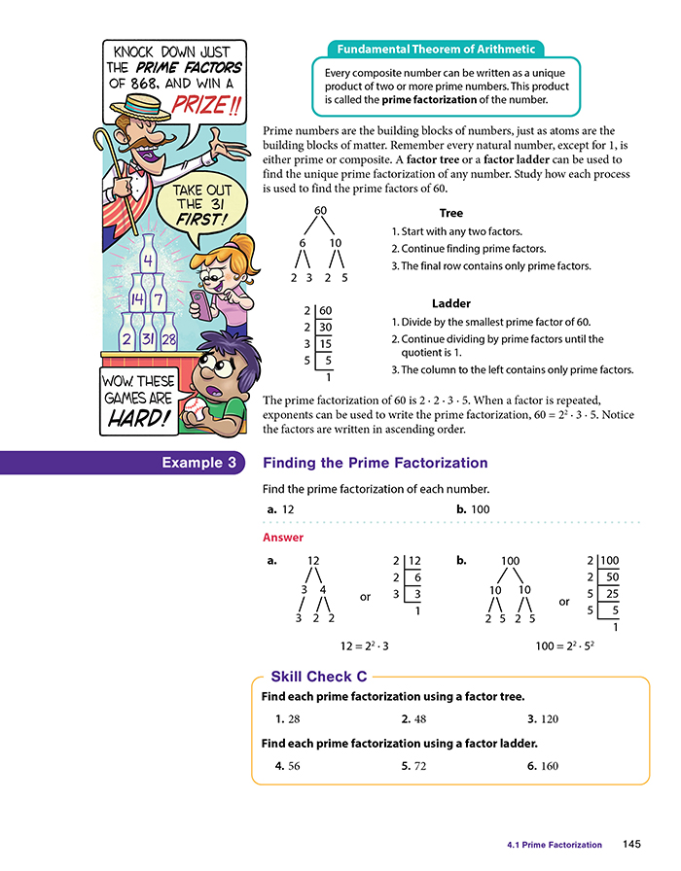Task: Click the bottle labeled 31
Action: (x=149, y=338)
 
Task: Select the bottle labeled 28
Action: (x=169, y=338)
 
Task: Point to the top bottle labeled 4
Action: (x=147, y=261)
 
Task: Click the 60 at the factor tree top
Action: (x=320, y=211)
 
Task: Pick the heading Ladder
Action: (x=451, y=303)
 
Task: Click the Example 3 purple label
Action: (x=198, y=463)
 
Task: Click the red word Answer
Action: (x=283, y=537)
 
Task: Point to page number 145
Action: (x=631, y=845)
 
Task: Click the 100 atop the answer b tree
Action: (x=510, y=561)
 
